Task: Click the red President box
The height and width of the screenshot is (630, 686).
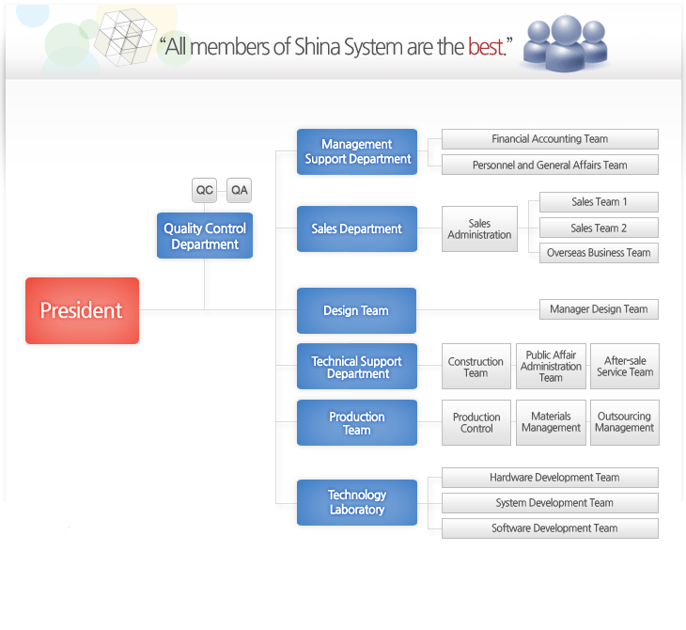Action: pos(82,310)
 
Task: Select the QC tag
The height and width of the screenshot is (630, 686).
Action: pos(205,190)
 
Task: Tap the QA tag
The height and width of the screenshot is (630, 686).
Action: pos(240,190)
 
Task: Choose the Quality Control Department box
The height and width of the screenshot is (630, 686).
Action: pos(205,236)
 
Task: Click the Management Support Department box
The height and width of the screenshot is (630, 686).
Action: pos(357,151)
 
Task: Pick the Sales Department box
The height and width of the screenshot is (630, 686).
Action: pos(357,228)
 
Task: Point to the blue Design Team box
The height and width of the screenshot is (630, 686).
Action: pos(357,310)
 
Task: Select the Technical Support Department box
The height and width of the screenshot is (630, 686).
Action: pos(357,367)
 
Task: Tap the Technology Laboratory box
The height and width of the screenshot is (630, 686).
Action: pos(357,502)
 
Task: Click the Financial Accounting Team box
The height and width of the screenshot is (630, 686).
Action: pos(550,139)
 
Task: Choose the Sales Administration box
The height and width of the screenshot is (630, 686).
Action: pos(479,229)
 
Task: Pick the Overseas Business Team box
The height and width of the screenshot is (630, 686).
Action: pos(599,253)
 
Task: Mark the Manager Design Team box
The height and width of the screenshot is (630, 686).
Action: pos(599,308)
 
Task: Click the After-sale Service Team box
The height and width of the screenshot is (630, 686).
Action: pos(625,367)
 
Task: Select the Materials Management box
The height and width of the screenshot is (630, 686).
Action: pos(551,422)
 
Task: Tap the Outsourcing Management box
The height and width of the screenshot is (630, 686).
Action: pos(625,422)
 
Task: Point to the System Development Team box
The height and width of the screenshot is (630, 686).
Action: pos(550,503)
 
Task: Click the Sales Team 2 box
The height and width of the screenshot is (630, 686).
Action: pos(599,228)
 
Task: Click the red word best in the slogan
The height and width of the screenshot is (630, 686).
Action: pos(486,46)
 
